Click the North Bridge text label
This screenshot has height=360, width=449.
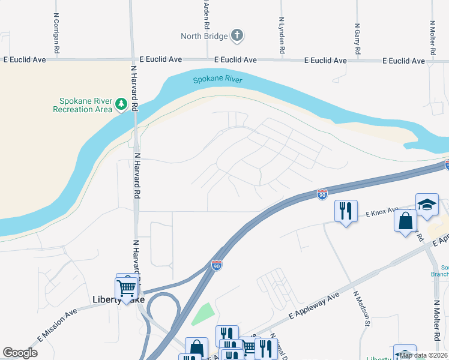click(204, 37)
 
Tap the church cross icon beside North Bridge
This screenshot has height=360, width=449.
click(237, 35)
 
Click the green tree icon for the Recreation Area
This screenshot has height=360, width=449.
click(121, 104)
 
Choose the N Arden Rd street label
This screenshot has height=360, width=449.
click(206, 15)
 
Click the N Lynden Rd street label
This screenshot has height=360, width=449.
click(281, 36)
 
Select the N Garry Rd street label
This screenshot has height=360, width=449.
click(357, 39)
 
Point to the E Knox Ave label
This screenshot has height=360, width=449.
click(382, 212)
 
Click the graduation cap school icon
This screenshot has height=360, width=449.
click(427, 204)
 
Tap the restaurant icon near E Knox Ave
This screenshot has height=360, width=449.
click(345, 211)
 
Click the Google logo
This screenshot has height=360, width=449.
click(20, 353)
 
